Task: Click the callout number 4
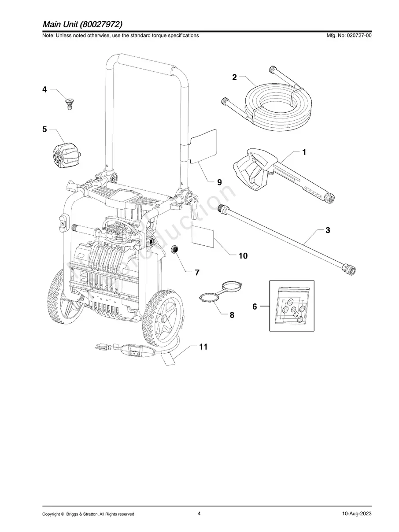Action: tap(44, 89)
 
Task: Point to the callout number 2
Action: tap(234, 78)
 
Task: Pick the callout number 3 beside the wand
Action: tap(328, 230)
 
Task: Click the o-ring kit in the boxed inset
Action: tap(292, 305)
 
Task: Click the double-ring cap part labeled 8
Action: tap(219, 293)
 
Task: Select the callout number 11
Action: tap(203, 347)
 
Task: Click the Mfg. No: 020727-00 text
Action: tap(347, 36)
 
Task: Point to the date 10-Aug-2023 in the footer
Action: tap(356, 514)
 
